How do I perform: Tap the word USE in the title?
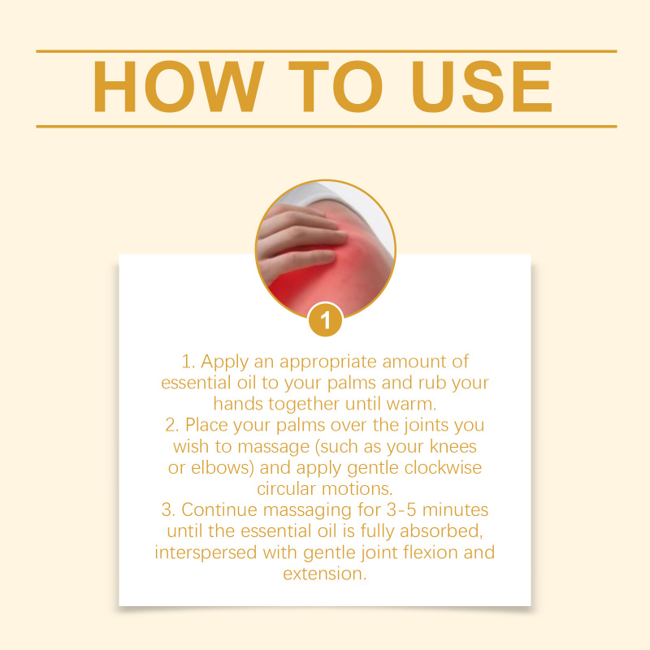[x=482, y=87]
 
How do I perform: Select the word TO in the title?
[x=335, y=87]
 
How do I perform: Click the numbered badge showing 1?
[x=326, y=319]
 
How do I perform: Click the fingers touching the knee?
[x=301, y=238]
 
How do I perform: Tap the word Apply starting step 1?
[x=225, y=362]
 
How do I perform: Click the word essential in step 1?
[x=196, y=383]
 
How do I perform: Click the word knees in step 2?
[x=453, y=446]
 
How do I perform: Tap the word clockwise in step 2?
[x=443, y=468]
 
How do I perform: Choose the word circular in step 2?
[x=287, y=489]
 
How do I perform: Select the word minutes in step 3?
[x=455, y=510]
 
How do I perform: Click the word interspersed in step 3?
[x=206, y=553]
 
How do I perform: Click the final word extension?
[x=325, y=574]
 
